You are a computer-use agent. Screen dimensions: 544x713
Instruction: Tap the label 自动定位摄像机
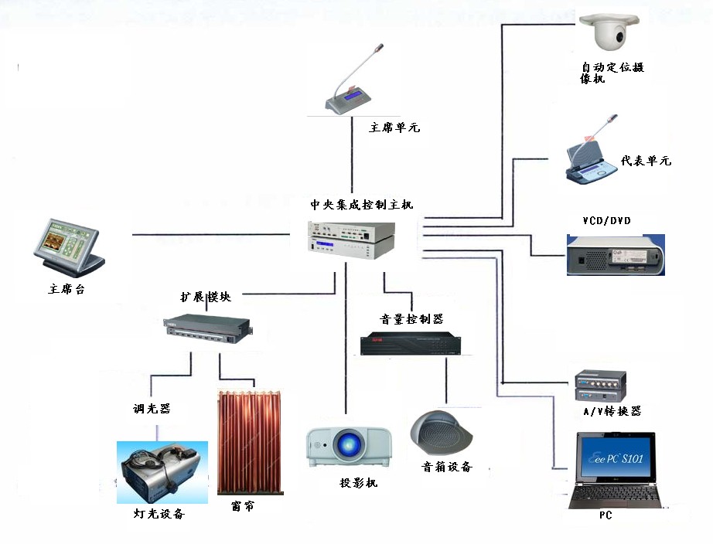612,73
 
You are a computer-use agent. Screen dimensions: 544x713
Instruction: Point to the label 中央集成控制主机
362,205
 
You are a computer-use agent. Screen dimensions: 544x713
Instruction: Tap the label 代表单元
646,161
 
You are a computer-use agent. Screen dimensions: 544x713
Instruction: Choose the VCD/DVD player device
615,255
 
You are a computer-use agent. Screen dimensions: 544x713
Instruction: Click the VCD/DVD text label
606,221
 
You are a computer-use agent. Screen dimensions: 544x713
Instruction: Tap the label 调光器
152,409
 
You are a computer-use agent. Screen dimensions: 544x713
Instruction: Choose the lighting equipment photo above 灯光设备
162,472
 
